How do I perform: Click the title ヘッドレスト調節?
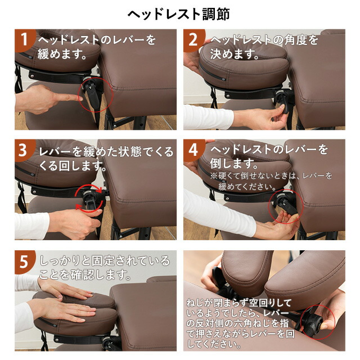(178, 14)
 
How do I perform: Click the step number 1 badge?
(24, 40)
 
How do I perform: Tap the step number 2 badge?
(193, 40)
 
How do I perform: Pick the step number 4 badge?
(193, 150)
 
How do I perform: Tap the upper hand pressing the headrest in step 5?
(66, 292)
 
